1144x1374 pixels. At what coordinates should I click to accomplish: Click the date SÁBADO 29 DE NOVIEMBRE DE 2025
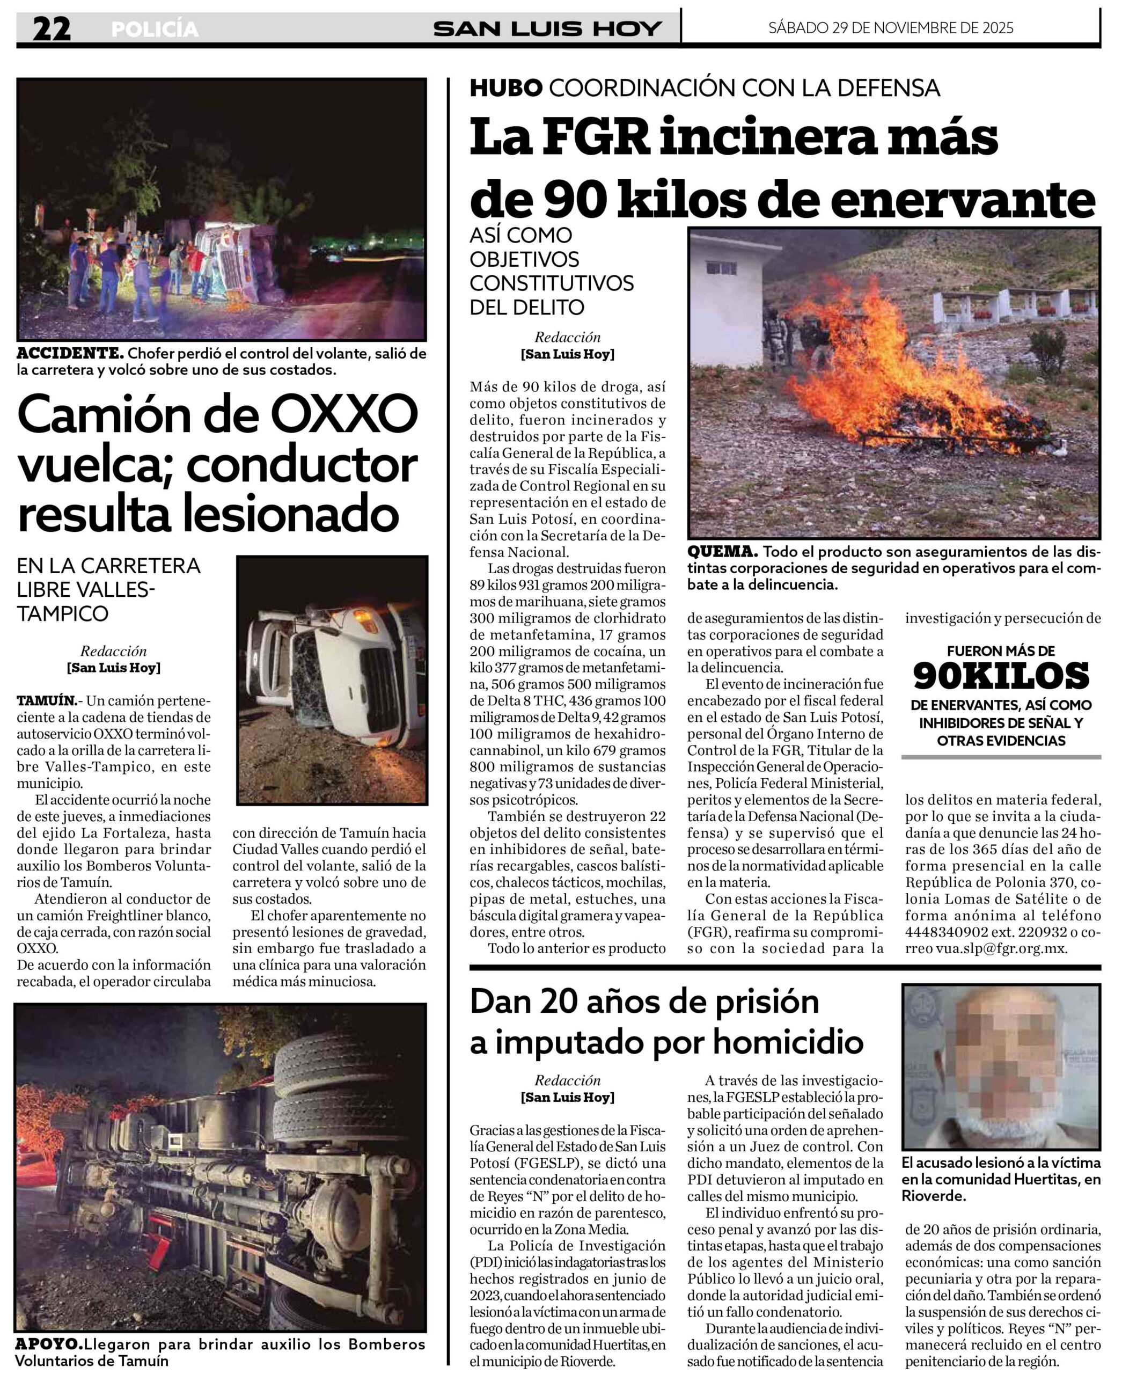890,27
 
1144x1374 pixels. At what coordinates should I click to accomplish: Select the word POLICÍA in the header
155,30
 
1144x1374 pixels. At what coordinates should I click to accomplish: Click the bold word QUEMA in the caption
722,552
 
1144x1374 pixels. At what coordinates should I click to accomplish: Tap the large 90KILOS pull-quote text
1001,676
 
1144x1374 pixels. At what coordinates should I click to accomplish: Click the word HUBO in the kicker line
505,87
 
